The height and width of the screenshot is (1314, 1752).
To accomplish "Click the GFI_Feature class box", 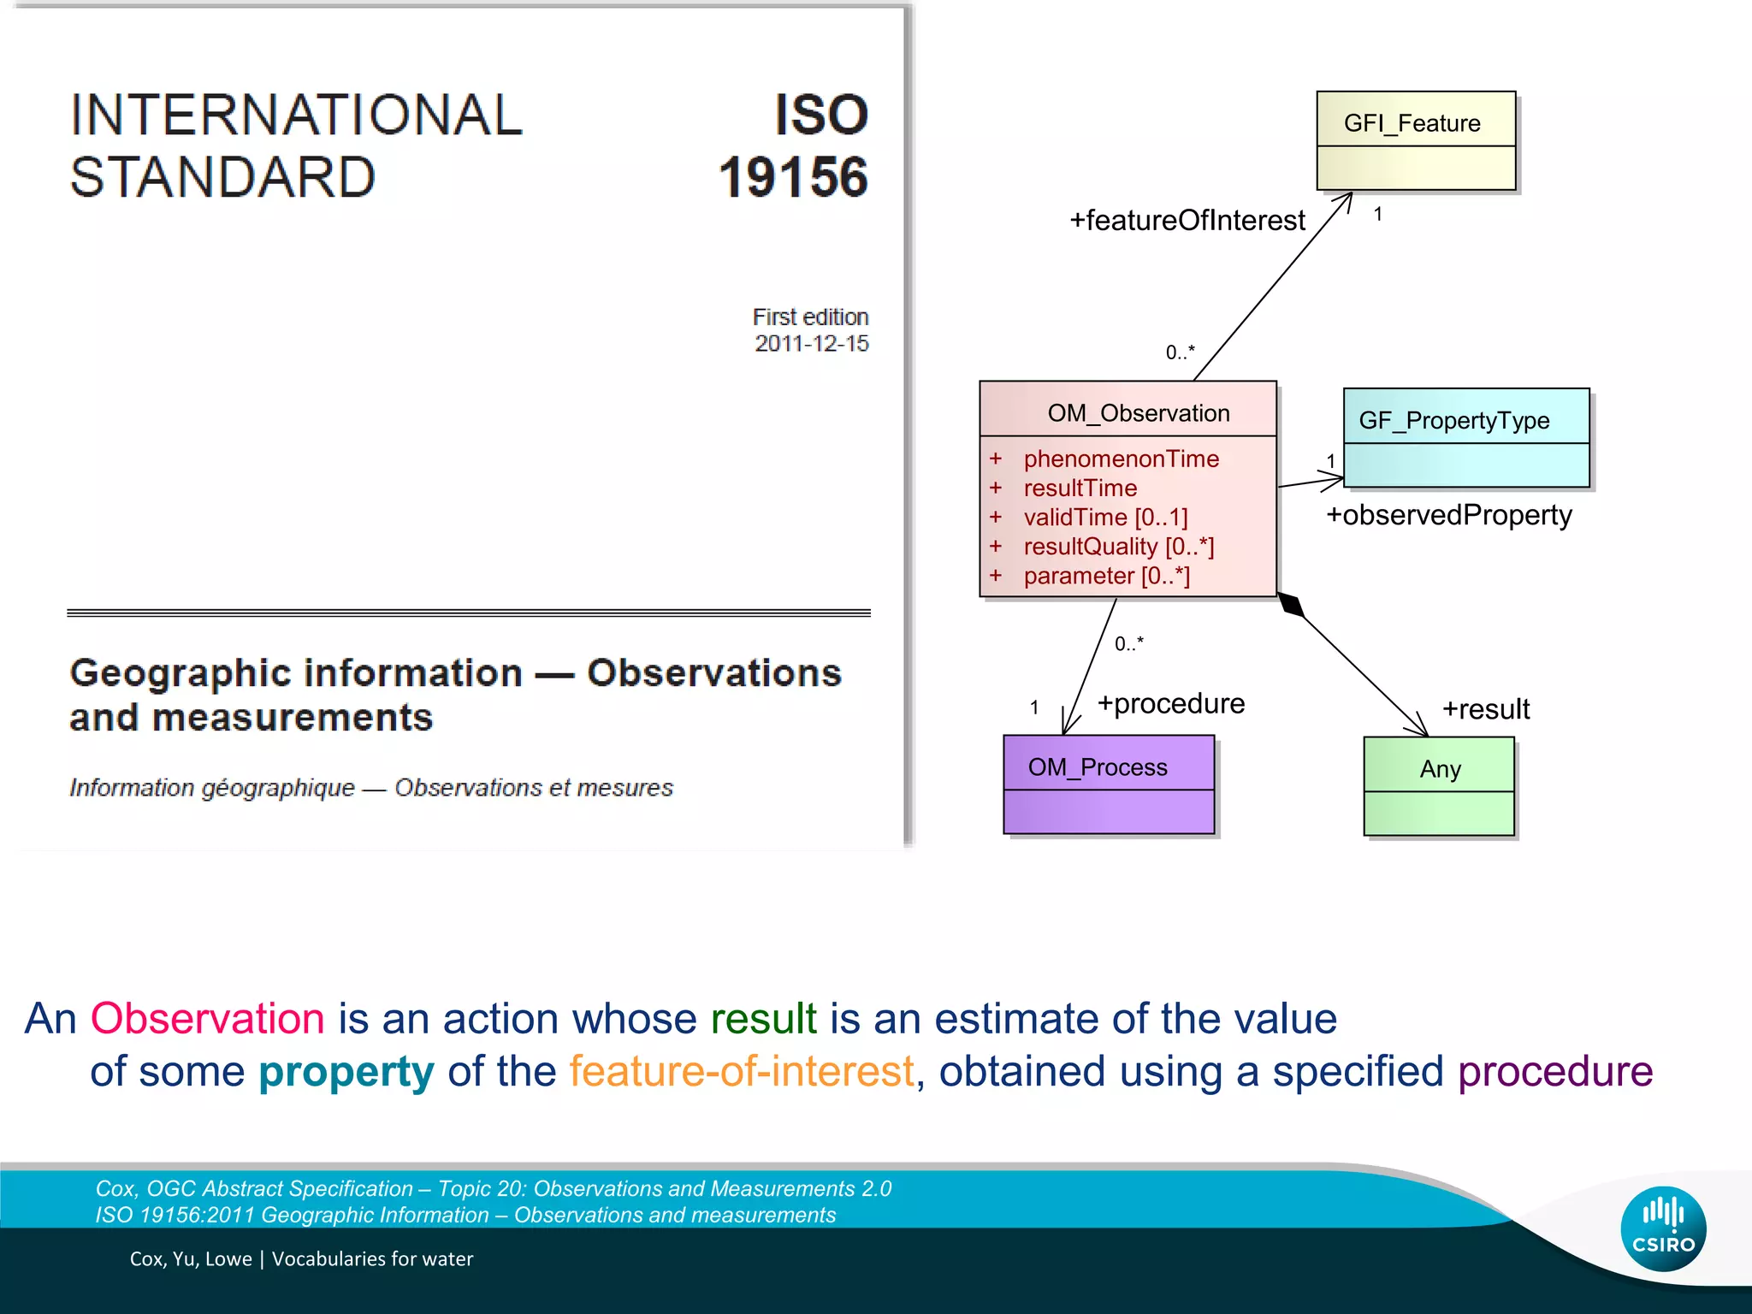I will [x=1416, y=140].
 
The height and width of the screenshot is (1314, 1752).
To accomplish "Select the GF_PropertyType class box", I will [x=1466, y=438].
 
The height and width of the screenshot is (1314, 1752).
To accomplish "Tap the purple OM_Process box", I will [x=1109, y=784].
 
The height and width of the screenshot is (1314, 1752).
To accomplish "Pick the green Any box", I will [x=1439, y=786].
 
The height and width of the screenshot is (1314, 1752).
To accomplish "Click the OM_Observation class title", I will [x=1138, y=413].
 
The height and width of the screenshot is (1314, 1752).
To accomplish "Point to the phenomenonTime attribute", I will [x=1121, y=459].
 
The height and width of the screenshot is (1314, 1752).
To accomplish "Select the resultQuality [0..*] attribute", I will [x=1119, y=547].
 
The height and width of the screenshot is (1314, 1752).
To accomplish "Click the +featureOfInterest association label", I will [x=1187, y=221].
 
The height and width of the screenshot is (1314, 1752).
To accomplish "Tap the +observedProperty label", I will [x=1449, y=515].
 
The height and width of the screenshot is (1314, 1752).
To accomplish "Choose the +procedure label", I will [x=1171, y=703].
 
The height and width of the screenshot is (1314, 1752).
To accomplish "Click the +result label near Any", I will [x=1486, y=709].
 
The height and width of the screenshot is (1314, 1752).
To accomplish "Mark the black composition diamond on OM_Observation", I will [x=1292, y=605].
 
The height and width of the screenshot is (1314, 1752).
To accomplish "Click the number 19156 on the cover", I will [x=793, y=177].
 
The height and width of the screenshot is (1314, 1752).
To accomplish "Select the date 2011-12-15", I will [x=811, y=344].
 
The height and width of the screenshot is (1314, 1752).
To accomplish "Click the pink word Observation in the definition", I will [x=208, y=1019].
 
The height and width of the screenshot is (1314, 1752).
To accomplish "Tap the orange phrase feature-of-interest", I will [x=742, y=1072].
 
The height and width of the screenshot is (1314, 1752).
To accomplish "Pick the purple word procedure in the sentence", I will [x=1555, y=1072].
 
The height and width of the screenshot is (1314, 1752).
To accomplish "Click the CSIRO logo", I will [x=1663, y=1228].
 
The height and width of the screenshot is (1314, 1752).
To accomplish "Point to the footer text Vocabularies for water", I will [x=372, y=1259].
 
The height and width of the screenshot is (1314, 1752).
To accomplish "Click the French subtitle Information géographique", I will [x=212, y=788].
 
